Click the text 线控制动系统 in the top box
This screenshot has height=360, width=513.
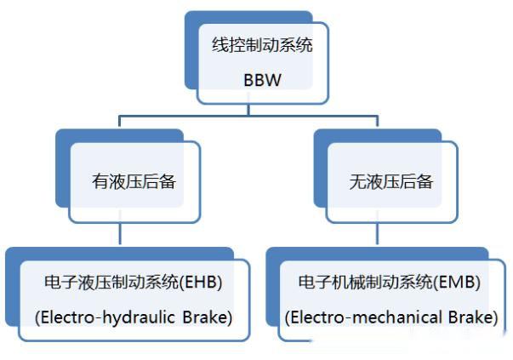coord(262,45)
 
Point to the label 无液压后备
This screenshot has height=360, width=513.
coord(391,182)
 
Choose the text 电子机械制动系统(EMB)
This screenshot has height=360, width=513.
coord(390,282)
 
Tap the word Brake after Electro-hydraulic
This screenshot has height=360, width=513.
coord(207,317)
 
